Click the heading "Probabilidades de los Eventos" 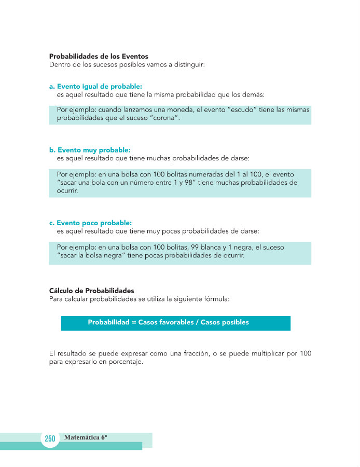click(99, 56)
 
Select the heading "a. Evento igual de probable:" click(96, 86)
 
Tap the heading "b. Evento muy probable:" click(90, 149)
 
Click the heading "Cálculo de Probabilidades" click(91, 291)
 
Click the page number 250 click(50, 439)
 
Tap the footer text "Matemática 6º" click(86, 437)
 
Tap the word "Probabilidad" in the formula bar click(108, 322)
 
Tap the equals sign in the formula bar click(133, 322)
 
